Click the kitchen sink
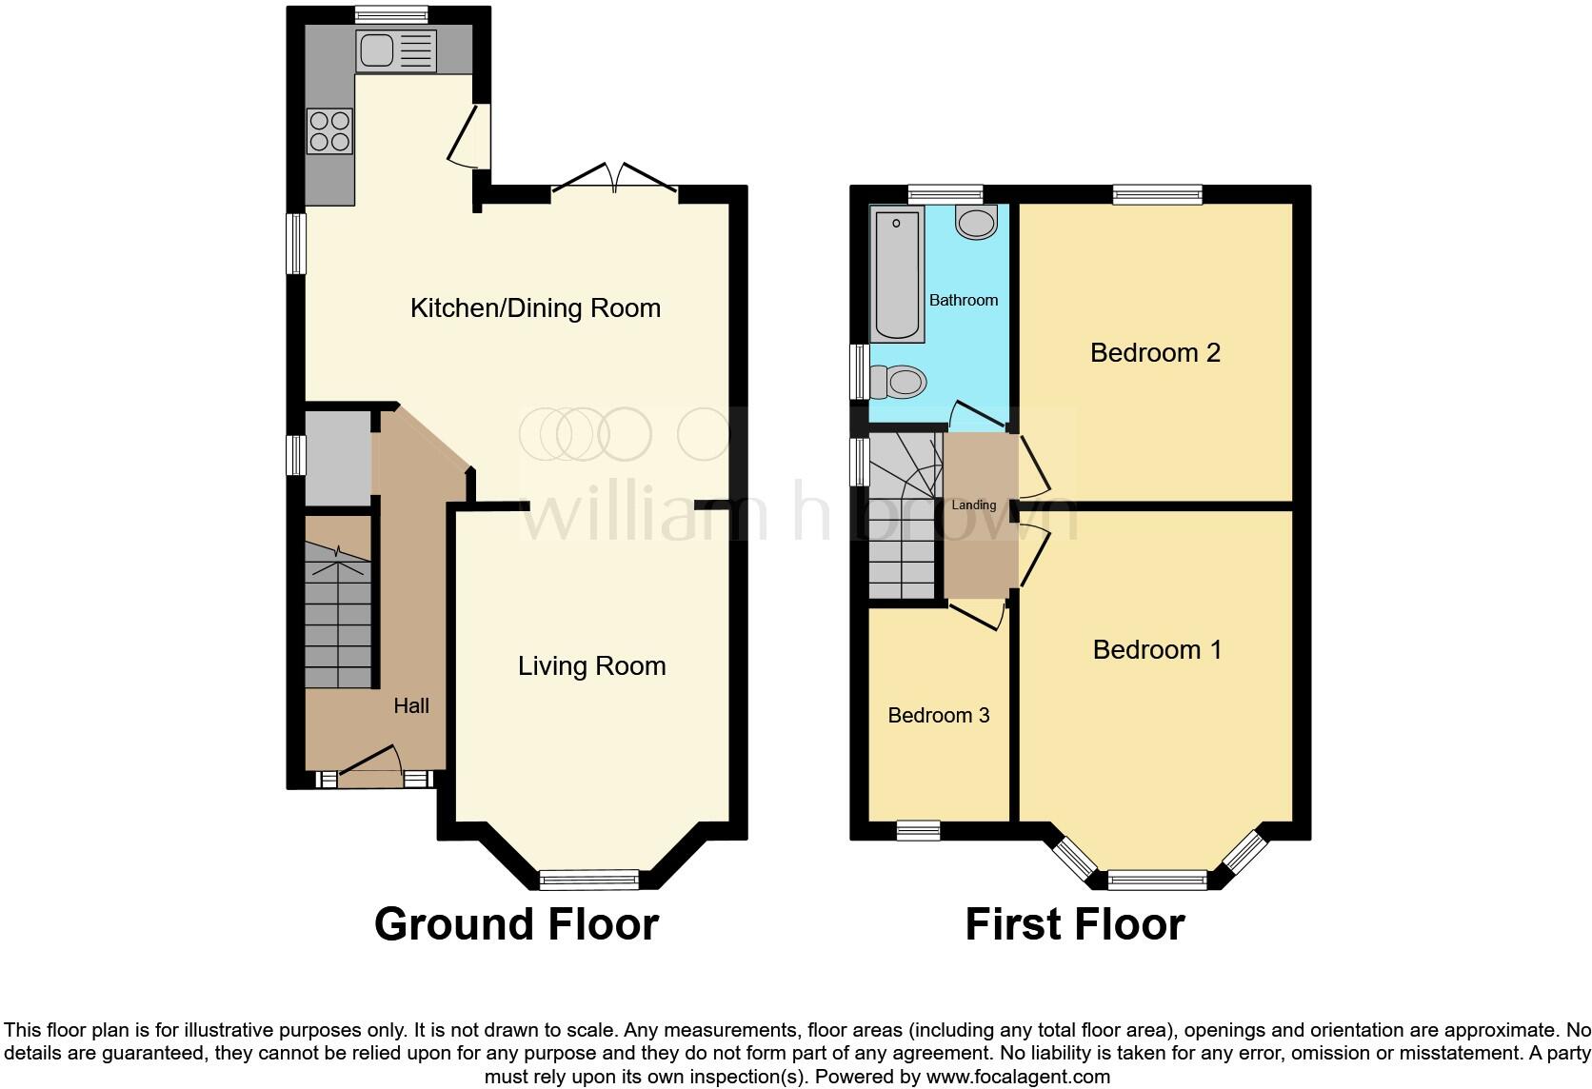395,50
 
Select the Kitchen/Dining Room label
535,308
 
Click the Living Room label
591,666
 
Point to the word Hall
411,705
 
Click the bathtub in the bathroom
897,275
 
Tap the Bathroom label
963,300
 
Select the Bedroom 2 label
1155,353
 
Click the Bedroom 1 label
1157,650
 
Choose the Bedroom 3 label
938,716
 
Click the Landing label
974,505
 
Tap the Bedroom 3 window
919,831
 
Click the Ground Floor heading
516,924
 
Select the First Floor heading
1074,924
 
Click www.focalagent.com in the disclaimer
1017,1078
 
